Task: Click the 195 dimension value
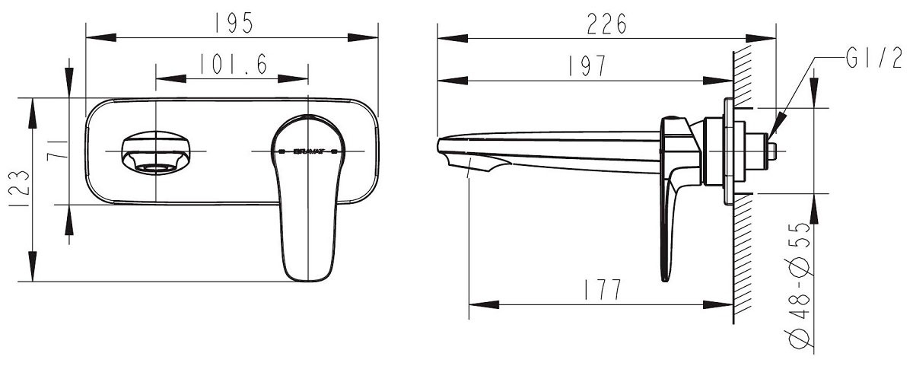234,23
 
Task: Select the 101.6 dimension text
233,64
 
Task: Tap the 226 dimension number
606,24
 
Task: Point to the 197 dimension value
587,65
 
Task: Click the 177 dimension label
603,289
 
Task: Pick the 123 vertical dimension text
19,189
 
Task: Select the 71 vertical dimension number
56,151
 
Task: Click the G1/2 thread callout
873,59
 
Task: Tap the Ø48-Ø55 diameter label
799,285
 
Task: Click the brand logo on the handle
308,151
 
